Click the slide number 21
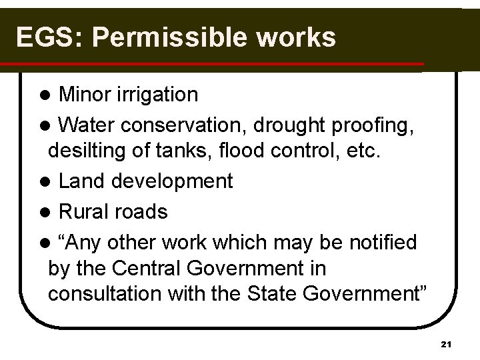pyautogui.click(x=447, y=344)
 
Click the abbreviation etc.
pyautogui.click(x=363, y=153)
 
